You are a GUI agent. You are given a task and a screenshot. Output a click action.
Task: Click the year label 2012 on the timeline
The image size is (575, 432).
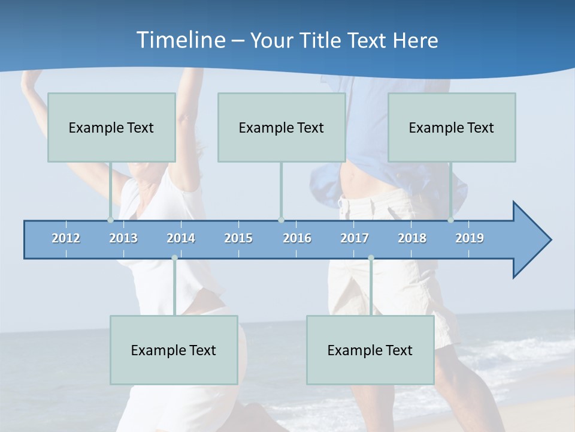66,238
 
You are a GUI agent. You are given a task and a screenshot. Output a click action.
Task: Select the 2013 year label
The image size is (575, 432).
123,238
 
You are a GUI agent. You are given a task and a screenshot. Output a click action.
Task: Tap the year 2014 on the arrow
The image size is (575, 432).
181,238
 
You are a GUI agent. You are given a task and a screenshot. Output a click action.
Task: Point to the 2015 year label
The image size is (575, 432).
238,238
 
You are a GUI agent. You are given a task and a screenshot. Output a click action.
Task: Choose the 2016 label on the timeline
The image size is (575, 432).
297,238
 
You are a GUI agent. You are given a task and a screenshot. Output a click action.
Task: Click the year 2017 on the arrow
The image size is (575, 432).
355,238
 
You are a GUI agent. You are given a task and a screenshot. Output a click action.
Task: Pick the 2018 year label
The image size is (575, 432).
412,238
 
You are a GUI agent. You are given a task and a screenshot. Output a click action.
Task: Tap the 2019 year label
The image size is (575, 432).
470,238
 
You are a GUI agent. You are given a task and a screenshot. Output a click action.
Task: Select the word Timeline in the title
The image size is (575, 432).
180,40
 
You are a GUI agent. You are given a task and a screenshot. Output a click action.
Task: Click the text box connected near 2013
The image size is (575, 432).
111,127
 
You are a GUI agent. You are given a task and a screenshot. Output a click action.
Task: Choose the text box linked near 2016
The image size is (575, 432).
282,127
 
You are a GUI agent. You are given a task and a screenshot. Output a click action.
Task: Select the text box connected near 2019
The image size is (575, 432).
452,127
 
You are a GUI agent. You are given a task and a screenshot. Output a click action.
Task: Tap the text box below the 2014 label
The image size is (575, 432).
174,350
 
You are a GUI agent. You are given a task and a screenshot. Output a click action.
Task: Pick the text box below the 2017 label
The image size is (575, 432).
370,350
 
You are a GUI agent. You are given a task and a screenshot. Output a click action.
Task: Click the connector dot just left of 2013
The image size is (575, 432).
110,220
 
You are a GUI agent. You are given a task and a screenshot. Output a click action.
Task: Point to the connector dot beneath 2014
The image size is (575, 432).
174,258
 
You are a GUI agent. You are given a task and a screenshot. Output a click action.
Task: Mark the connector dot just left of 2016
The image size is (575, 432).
281,220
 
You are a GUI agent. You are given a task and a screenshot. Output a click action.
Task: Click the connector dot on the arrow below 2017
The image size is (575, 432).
371,258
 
